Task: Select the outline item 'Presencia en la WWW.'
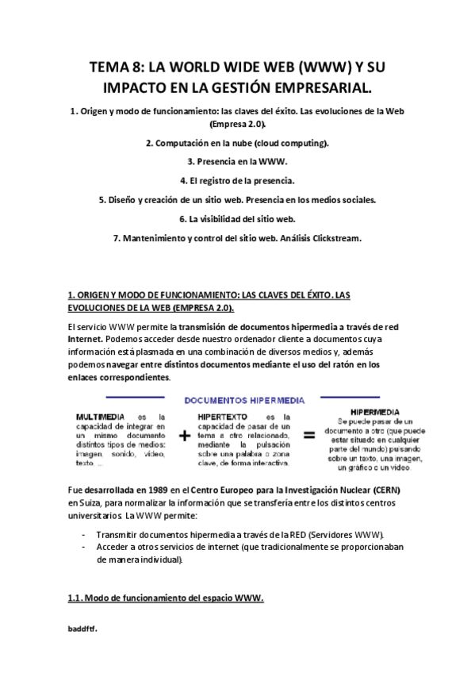237,161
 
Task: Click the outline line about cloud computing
237,143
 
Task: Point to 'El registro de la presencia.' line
237,180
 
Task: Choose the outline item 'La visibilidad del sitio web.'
237,218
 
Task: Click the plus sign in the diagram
184,435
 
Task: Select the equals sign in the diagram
308,435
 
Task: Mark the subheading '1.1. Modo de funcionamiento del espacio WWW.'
165,598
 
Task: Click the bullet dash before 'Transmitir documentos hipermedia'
84,534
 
